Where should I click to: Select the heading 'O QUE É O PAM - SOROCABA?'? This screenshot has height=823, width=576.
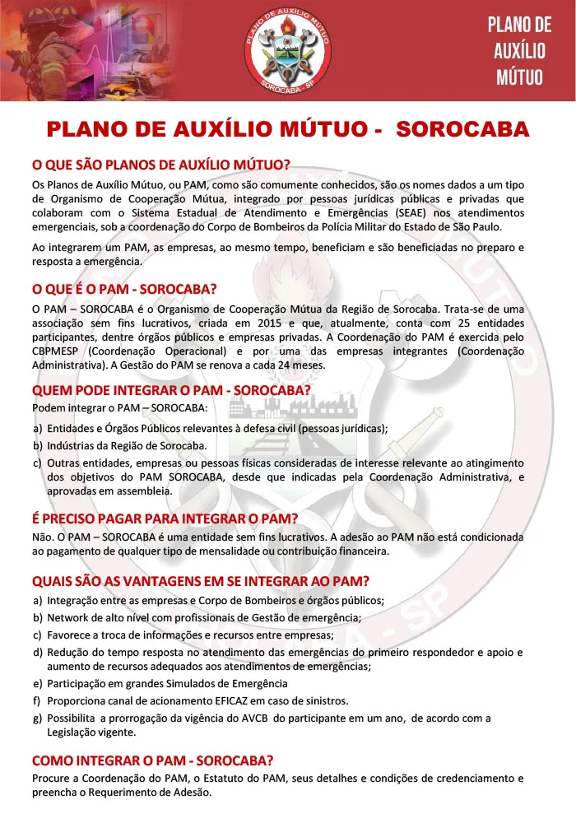click(124, 289)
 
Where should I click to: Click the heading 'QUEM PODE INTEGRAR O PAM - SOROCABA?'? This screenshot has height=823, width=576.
click(171, 389)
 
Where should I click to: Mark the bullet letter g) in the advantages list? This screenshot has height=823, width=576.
click(38, 718)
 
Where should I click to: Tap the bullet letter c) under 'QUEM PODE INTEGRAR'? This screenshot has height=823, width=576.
click(38, 463)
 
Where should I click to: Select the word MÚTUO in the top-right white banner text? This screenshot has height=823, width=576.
click(519, 77)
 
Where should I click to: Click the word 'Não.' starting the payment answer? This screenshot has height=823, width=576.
click(44, 537)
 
